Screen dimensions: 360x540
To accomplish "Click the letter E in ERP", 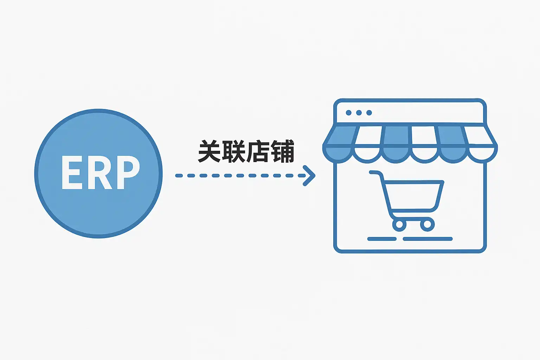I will pyautogui.click(x=72, y=173).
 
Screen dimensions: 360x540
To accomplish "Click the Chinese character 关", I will pyautogui.click(x=210, y=152).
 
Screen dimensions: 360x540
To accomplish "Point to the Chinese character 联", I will pyautogui.click(x=234, y=152).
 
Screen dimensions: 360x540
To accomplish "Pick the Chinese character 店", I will pyautogui.click(x=258, y=152).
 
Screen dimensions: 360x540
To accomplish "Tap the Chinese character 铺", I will pyautogui.click(x=282, y=152).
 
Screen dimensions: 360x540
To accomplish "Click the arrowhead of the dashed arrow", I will pyautogui.click(x=310, y=175).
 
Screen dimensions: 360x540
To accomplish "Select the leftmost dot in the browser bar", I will pyautogui.click(x=349, y=113).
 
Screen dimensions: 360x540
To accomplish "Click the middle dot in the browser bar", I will pyautogui.click(x=359, y=113).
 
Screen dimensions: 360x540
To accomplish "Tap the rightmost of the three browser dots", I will pyautogui.click(x=369, y=113).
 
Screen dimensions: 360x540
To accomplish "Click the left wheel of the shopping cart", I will pyautogui.click(x=399, y=224).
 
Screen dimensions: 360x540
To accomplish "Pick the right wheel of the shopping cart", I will pyautogui.click(x=427, y=224).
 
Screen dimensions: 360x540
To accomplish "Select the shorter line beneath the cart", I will pyautogui.click(x=382, y=239).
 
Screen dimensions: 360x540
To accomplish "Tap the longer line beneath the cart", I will pyautogui.click(x=427, y=239).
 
